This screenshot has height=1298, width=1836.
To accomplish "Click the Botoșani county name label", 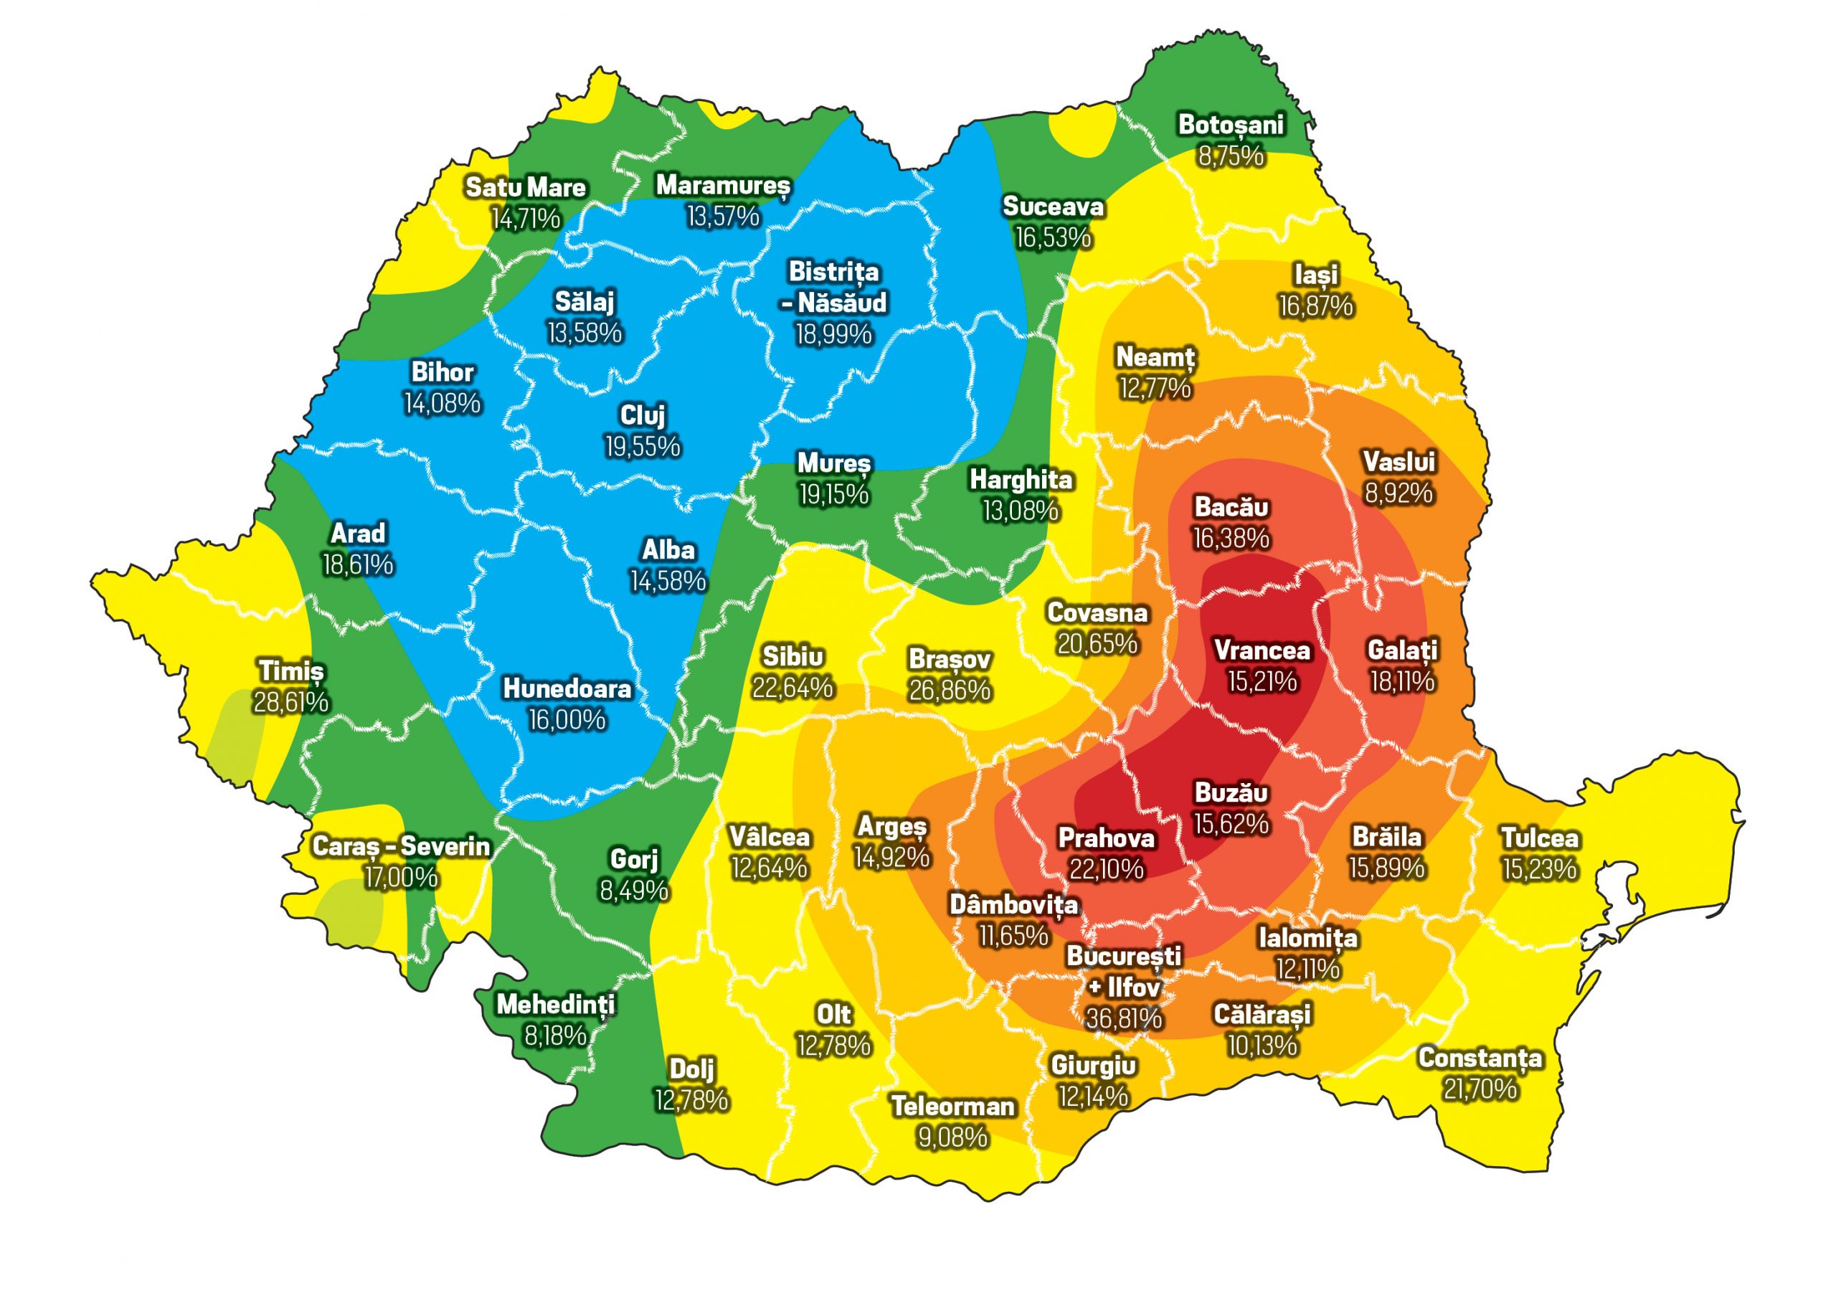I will pos(1231,125).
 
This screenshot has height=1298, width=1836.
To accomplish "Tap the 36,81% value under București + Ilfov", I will pos(1124,1018).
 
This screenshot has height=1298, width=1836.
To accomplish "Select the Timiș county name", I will pos(291,671).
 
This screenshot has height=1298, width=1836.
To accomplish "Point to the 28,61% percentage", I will pos(291,702).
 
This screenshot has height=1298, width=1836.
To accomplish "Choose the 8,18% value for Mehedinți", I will pos(555,1036).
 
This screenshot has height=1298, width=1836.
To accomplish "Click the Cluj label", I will pos(643,415).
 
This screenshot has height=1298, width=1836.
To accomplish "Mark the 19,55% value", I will pos(643,446).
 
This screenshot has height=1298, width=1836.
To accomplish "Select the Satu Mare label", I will pos(526,187).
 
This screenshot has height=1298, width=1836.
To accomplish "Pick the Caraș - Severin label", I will pos(401,846).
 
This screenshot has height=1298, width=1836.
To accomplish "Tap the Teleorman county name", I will pos(952,1106).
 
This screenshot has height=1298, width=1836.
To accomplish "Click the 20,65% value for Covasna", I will pos(1097,644).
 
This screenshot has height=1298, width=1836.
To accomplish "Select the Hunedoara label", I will pos(567,688).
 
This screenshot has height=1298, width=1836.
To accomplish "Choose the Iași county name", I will pos(1315,275).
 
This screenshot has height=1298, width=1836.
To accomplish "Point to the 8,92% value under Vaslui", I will pos(1399,493).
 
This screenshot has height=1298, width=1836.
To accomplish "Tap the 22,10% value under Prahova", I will pos(1107,868).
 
